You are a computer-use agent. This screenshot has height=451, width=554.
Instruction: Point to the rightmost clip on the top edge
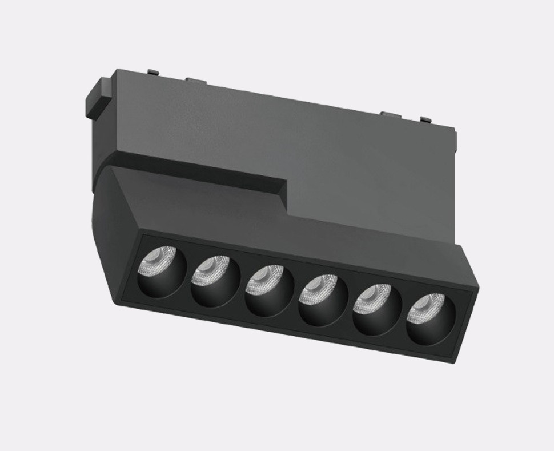point(425,120)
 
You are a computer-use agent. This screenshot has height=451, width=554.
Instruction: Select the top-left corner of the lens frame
point(142,234)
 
